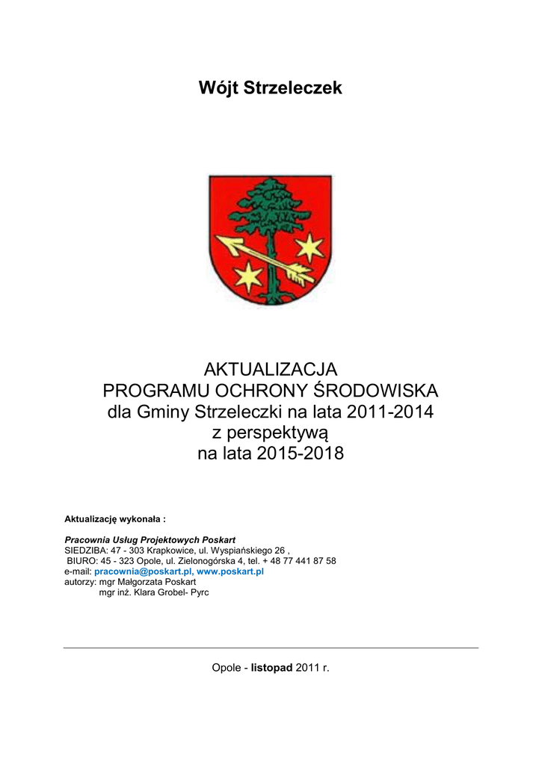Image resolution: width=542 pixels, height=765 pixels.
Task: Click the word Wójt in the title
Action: pyautogui.click(x=218, y=88)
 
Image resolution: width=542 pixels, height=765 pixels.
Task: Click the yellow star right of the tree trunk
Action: pyautogui.click(x=309, y=247)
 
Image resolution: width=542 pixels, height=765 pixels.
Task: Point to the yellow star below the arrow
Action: pyautogui.click(x=249, y=277)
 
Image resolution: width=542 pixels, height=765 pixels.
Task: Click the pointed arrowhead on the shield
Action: pyautogui.click(x=224, y=242)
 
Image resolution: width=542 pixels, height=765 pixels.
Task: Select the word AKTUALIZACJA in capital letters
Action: pyautogui.click(x=271, y=369)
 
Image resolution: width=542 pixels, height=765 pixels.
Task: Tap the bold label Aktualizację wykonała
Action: pyautogui.click(x=114, y=518)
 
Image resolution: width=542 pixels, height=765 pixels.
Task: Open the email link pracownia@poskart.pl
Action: pyautogui.click(x=142, y=571)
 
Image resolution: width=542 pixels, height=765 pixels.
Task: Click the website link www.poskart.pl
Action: pyautogui.click(x=230, y=571)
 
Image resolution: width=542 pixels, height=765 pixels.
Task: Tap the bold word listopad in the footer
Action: pyautogui.click(x=272, y=666)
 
